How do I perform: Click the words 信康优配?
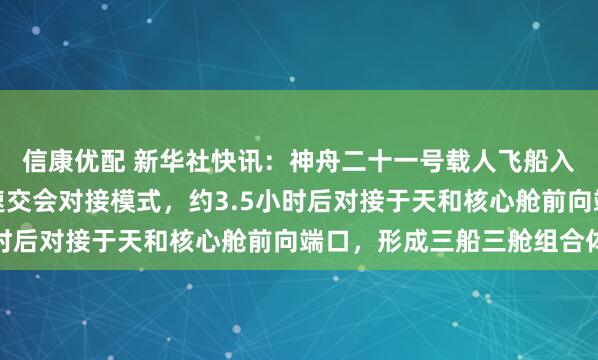[68, 158]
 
